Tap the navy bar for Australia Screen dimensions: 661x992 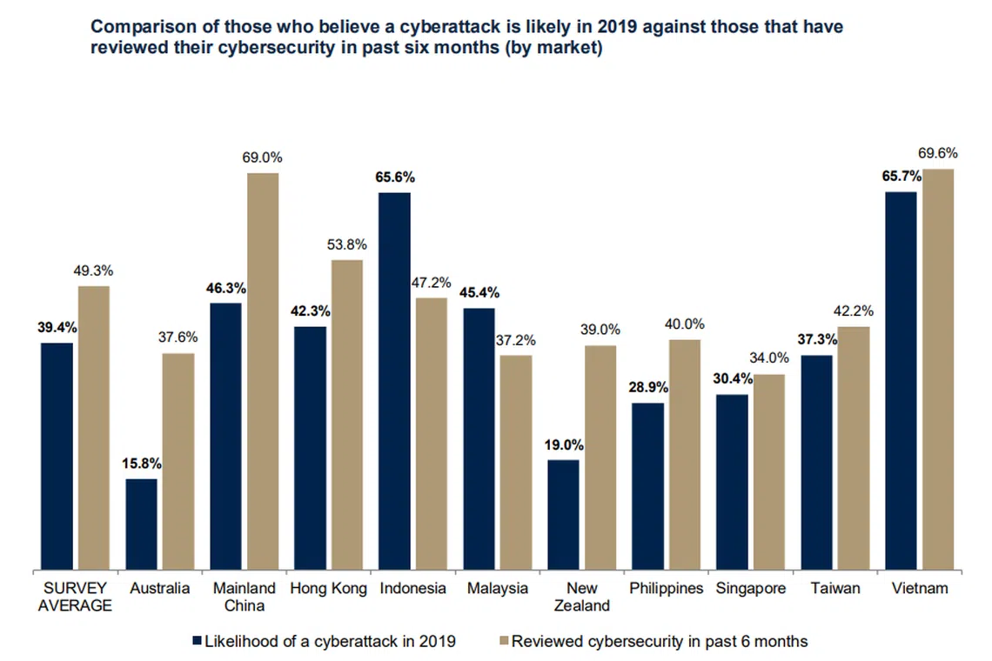coord(141,524)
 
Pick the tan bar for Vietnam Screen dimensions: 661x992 coord(938,370)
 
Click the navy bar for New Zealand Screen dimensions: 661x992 coord(563,515)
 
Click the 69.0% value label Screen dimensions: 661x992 coord(262,157)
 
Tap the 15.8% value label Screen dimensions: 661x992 coord(141,463)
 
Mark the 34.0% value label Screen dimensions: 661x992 coord(769,357)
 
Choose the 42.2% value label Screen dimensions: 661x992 coord(854,310)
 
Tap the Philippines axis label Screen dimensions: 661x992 coord(667,589)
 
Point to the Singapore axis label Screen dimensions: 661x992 coord(751,589)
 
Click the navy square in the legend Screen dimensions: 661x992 coord(196,642)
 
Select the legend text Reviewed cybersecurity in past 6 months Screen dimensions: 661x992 coord(660,642)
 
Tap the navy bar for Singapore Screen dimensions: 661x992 coord(732,483)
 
